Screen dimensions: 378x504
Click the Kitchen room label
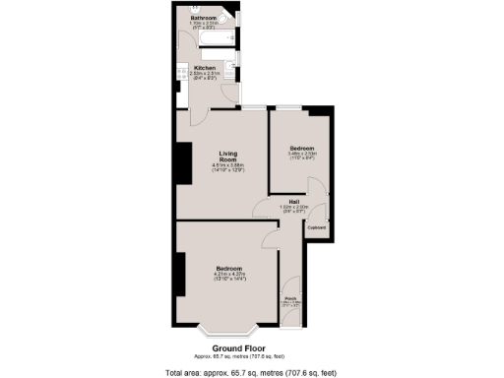click(205, 67)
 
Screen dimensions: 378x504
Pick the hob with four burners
click(182, 71)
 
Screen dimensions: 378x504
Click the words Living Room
click(228, 157)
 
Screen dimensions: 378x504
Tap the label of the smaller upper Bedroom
click(301, 148)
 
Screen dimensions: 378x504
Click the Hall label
click(293, 202)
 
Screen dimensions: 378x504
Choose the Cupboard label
click(316, 228)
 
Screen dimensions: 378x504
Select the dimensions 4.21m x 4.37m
click(228, 275)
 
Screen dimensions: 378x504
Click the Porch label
click(291, 298)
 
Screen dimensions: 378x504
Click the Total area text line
click(252, 371)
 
